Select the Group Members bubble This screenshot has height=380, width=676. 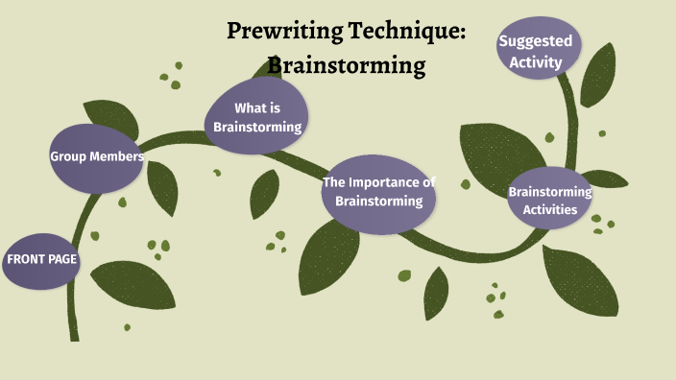(x=97, y=156)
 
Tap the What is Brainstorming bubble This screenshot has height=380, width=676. (x=257, y=117)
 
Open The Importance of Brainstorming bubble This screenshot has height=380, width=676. (x=379, y=192)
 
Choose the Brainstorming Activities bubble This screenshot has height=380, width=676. (x=549, y=200)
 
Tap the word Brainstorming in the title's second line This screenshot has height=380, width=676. (x=346, y=65)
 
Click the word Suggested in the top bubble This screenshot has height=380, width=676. (x=536, y=41)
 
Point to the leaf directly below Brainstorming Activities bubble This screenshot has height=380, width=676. (x=579, y=277)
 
